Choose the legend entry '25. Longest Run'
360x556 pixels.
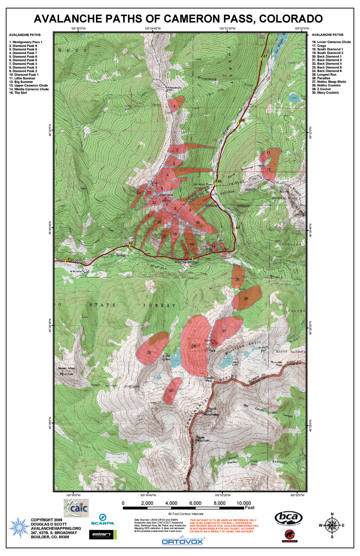pyautogui.click(x=325, y=74)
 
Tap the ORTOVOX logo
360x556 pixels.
pyautogui.click(x=183, y=541)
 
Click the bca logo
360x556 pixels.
pyautogui.click(x=289, y=517)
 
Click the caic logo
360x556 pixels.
pyautogui.click(x=76, y=507)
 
